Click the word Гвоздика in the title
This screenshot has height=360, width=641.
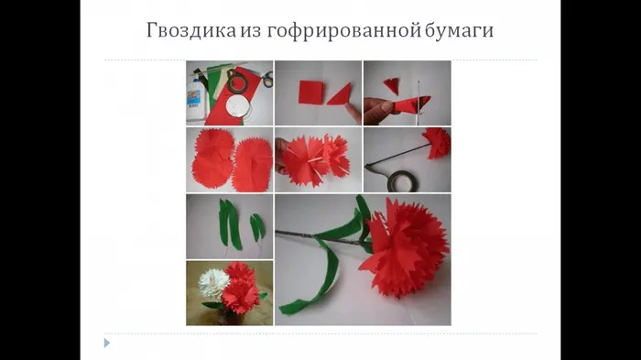(x=191, y=30)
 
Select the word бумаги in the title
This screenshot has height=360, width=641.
(x=459, y=31)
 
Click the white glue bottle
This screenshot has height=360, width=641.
(x=195, y=100)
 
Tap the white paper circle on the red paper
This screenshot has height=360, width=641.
(x=237, y=106)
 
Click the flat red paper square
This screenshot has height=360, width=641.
(x=311, y=93)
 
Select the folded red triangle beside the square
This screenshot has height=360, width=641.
(x=340, y=95)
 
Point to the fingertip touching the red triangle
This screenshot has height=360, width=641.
(x=352, y=108)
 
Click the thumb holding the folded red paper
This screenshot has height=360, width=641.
(x=381, y=107)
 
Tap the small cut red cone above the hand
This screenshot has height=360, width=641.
(x=392, y=85)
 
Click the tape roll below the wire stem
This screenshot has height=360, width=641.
(x=402, y=181)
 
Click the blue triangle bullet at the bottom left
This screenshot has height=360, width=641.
(x=107, y=343)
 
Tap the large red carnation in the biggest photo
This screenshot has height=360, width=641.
(x=404, y=246)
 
